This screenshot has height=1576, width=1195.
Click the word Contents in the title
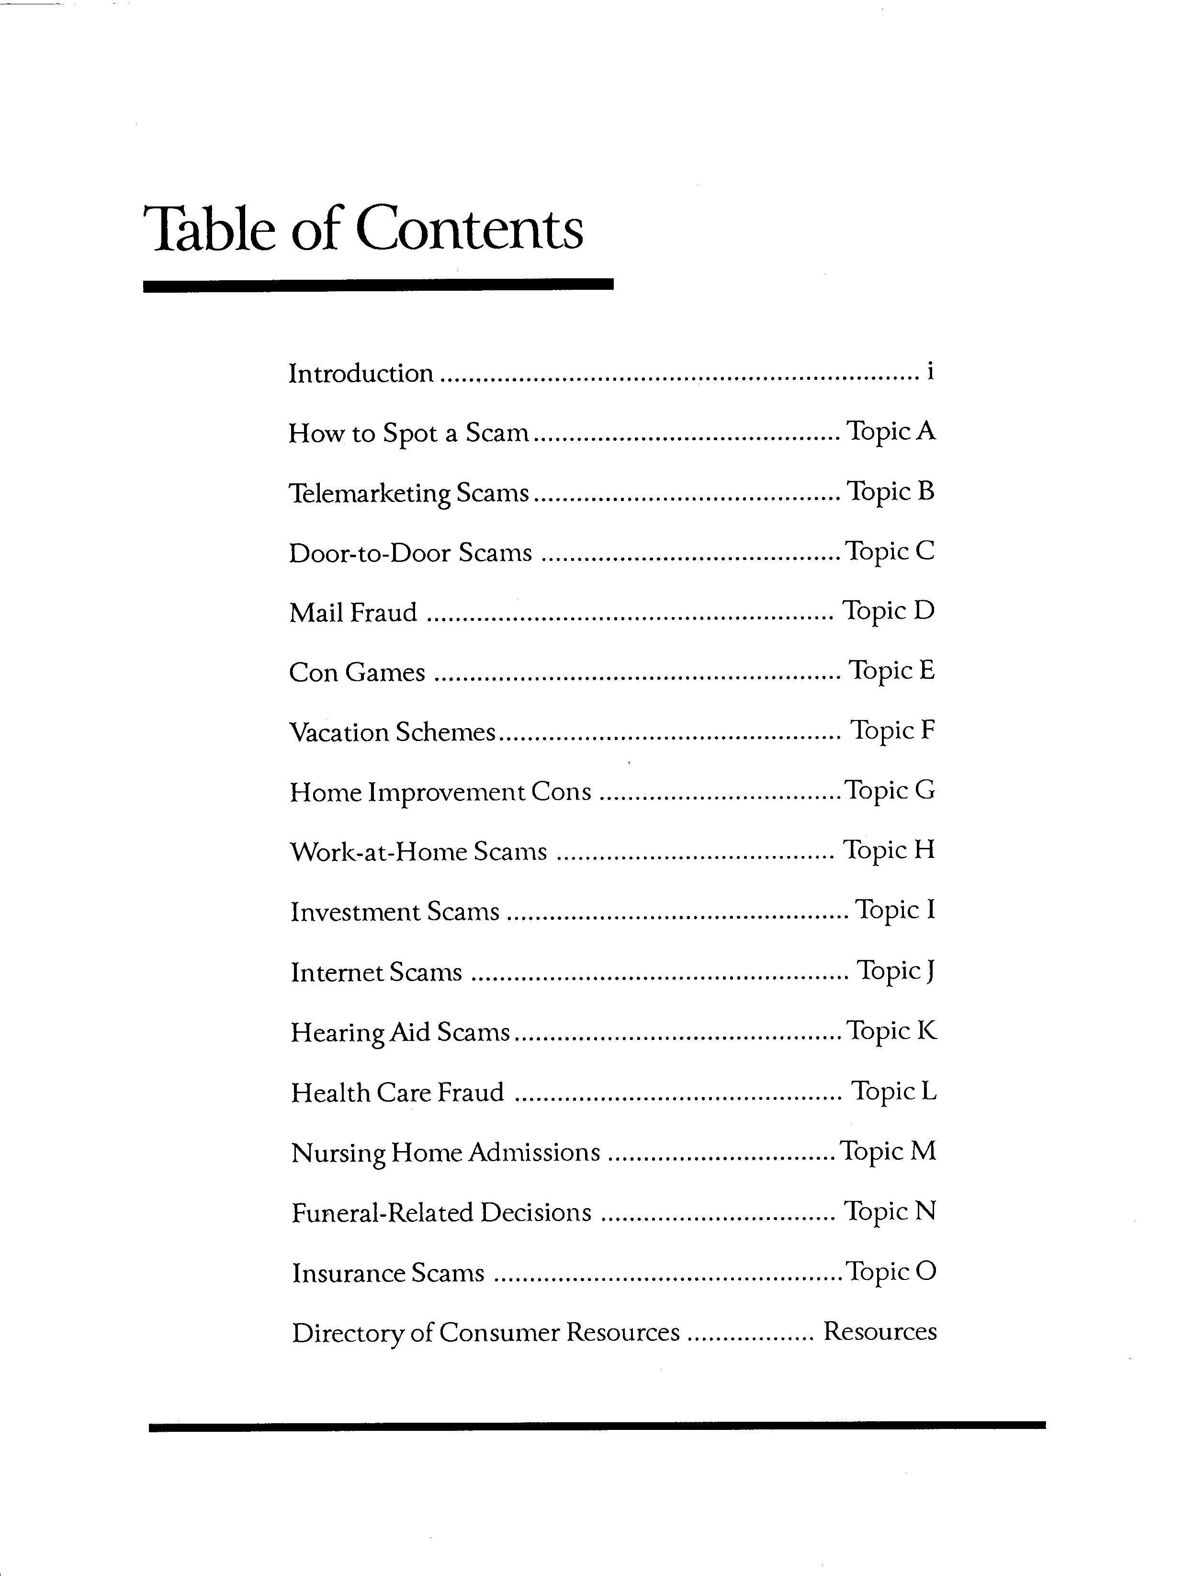tap(469, 229)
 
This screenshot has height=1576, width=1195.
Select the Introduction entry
tap(361, 373)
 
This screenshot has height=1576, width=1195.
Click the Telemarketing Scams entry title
tap(409, 493)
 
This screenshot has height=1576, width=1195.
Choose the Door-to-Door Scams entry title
tap(410, 553)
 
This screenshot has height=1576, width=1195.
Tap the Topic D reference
tap(888, 611)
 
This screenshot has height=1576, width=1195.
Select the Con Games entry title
tap(357, 673)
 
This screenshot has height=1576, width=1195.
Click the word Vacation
tap(339, 732)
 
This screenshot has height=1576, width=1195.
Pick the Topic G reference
tap(890, 791)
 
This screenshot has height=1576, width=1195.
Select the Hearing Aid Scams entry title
tap(400, 1032)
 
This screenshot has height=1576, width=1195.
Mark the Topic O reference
tap(890, 1272)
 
